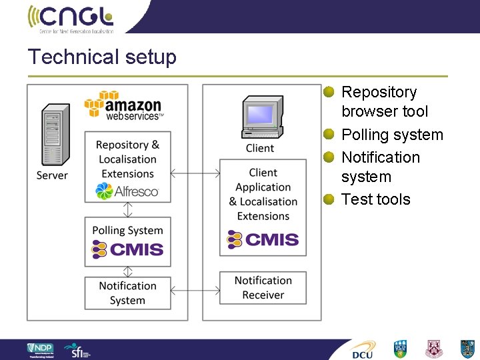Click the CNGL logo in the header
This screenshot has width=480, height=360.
tap(71, 18)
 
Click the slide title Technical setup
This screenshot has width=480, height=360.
tap(102, 57)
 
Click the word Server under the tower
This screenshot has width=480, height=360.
tap(52, 175)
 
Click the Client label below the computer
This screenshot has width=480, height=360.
tap(260, 148)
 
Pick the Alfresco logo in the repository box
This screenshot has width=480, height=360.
tap(127, 191)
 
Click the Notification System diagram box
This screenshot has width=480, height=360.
tap(127, 293)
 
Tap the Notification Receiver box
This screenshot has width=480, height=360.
tap(263, 287)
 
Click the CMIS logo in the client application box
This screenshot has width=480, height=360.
tap(263, 239)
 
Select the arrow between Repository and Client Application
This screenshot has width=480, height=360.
tap(195, 174)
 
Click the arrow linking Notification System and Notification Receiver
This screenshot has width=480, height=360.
tap(195, 291)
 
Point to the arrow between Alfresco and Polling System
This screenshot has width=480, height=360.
tap(127, 209)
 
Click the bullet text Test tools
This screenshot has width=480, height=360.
tap(375, 199)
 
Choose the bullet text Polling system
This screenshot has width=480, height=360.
tap(392, 135)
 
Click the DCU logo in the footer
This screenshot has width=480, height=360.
tap(364, 349)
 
